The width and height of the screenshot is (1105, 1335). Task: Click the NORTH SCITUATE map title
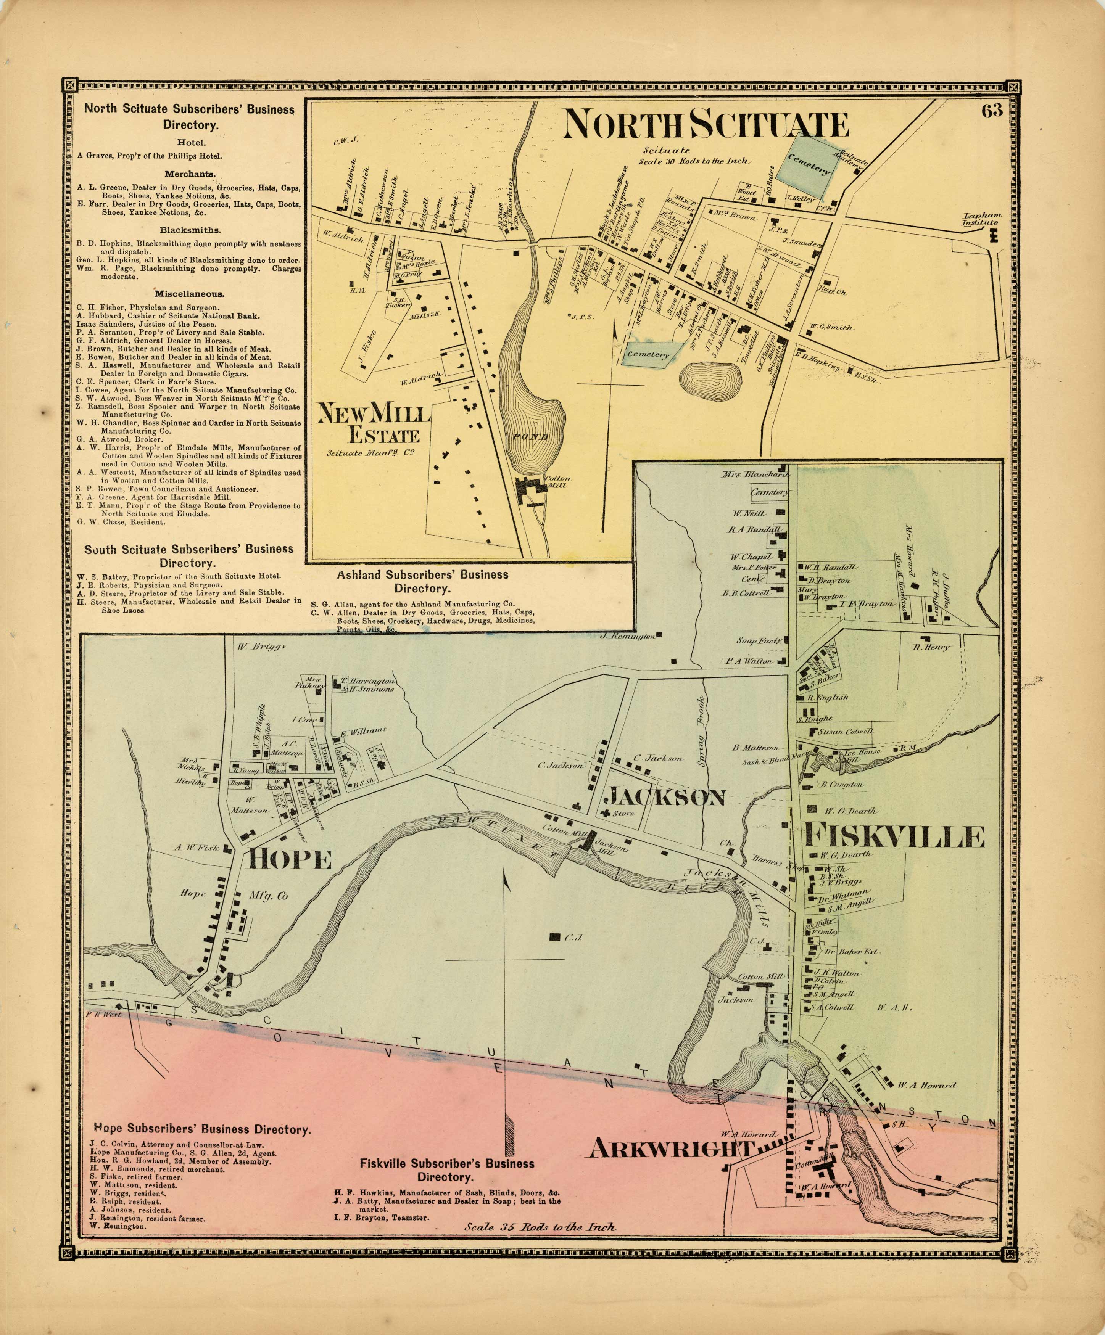click(706, 124)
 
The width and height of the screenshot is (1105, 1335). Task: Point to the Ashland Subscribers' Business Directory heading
click(422, 581)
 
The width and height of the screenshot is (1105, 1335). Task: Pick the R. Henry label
click(931, 647)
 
